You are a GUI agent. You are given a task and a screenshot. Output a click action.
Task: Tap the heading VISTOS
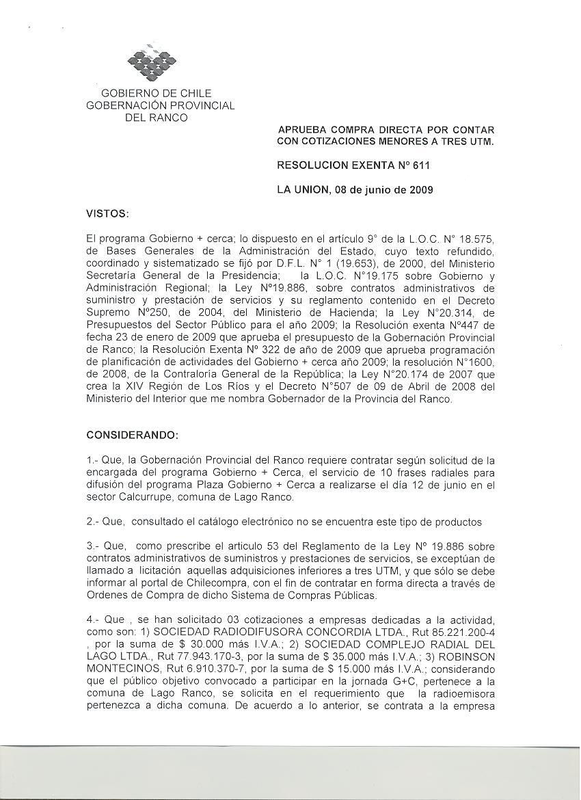(x=107, y=214)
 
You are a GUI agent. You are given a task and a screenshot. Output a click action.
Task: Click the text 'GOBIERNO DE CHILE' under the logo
(x=157, y=94)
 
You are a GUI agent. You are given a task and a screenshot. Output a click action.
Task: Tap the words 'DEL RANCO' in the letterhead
(x=156, y=118)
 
